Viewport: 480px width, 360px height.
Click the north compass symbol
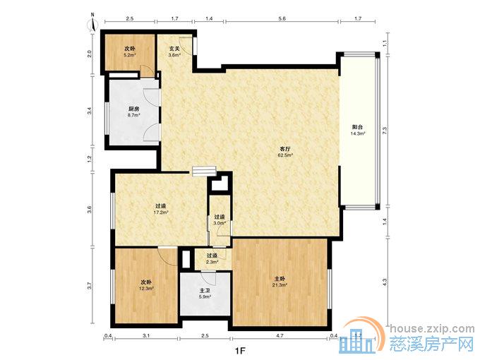click(92, 23)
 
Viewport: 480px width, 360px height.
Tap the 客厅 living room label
click(285, 149)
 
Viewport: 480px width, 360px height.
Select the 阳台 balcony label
click(358, 127)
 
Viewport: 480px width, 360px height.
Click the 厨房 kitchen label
click(133, 109)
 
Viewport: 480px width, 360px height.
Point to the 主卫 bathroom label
click(205, 291)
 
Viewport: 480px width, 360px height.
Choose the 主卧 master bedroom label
click(280, 279)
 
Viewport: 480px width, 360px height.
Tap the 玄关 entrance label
click(174, 49)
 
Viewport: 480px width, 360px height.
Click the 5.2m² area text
click(129, 55)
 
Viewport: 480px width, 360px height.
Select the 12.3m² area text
click(147, 288)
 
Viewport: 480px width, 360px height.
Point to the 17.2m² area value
click(161, 212)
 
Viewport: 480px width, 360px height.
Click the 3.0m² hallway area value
click(220, 223)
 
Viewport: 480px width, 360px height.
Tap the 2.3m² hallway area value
click(212, 262)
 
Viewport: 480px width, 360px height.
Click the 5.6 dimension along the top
click(282, 18)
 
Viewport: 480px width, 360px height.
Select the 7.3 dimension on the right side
click(385, 131)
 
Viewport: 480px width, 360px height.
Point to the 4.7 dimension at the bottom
click(280, 335)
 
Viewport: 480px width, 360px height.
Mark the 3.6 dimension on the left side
click(90, 210)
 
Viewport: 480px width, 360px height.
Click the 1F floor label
click(240, 351)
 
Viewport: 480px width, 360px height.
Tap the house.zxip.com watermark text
click(432, 329)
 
